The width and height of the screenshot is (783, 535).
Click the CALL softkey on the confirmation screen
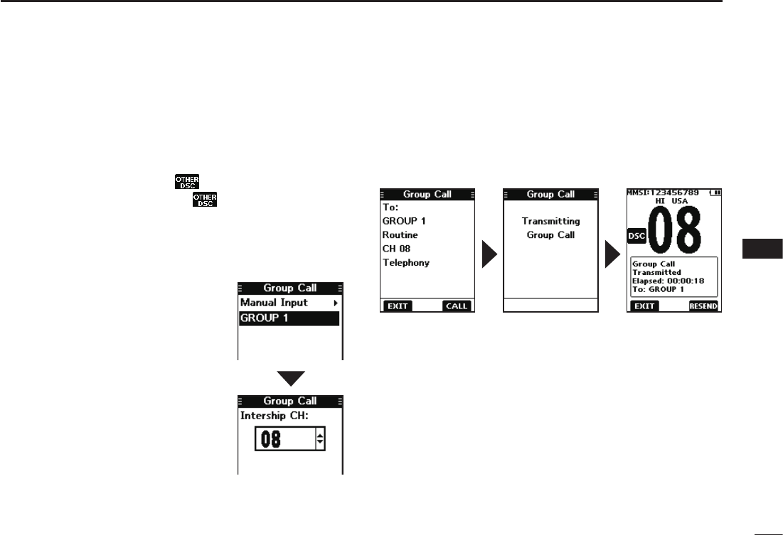[x=456, y=306]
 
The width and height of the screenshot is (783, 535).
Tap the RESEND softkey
[x=703, y=306]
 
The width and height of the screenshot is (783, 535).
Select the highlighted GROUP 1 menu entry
[x=289, y=318]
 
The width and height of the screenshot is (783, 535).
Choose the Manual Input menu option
[x=274, y=303]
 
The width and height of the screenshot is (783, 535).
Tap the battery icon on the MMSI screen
[x=713, y=192]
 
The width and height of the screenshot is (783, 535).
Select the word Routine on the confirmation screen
[x=400, y=234]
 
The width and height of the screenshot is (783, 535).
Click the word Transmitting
[x=550, y=221]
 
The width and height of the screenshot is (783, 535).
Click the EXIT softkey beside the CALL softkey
[x=398, y=306]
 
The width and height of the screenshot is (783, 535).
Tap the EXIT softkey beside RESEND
[x=644, y=306]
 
